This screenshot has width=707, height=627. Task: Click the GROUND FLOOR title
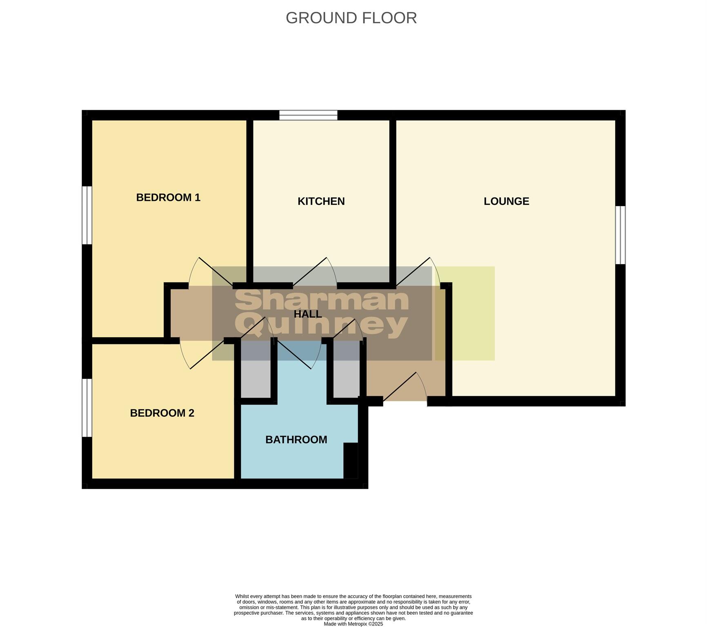(x=351, y=18)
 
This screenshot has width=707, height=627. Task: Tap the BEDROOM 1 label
(x=168, y=198)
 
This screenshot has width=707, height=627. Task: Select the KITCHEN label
(x=321, y=201)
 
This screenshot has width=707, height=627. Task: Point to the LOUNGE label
(x=506, y=201)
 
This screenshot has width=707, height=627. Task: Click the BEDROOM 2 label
(x=162, y=413)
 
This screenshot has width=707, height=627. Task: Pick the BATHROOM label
(x=296, y=440)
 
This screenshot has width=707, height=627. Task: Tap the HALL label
(x=308, y=314)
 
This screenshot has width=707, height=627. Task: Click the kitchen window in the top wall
(x=308, y=115)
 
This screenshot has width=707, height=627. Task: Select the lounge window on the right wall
(x=620, y=235)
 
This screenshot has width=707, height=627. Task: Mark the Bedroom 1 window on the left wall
(x=87, y=215)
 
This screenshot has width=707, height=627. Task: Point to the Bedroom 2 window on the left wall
(x=87, y=408)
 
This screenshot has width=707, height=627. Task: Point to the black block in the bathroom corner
(x=351, y=460)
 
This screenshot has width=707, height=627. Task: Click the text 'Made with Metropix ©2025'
(x=353, y=624)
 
